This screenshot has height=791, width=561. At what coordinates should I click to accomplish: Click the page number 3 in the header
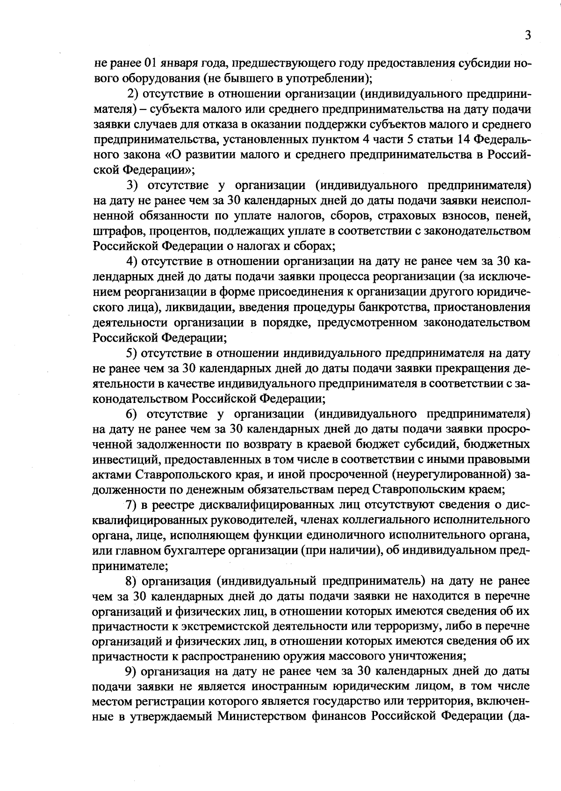click(527, 35)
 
